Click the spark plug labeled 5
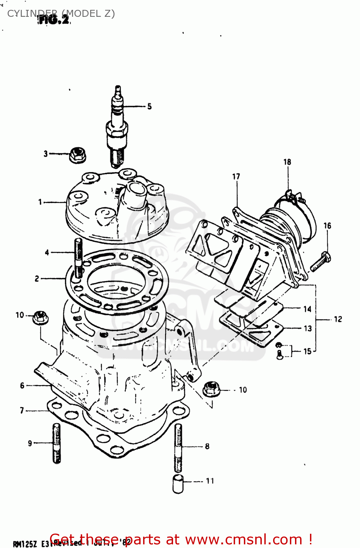(x=117, y=128)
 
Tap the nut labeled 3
(x=77, y=155)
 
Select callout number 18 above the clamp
(x=287, y=162)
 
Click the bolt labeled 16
(x=321, y=263)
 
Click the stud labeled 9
(x=57, y=443)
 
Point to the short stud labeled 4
(x=78, y=258)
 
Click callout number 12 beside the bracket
(x=338, y=319)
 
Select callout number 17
(x=236, y=176)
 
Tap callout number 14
(x=307, y=309)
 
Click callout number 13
(x=308, y=328)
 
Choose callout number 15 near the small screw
(x=307, y=351)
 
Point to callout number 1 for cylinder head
(x=40, y=202)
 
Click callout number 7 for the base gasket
(x=22, y=411)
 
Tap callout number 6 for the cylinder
(x=22, y=385)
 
